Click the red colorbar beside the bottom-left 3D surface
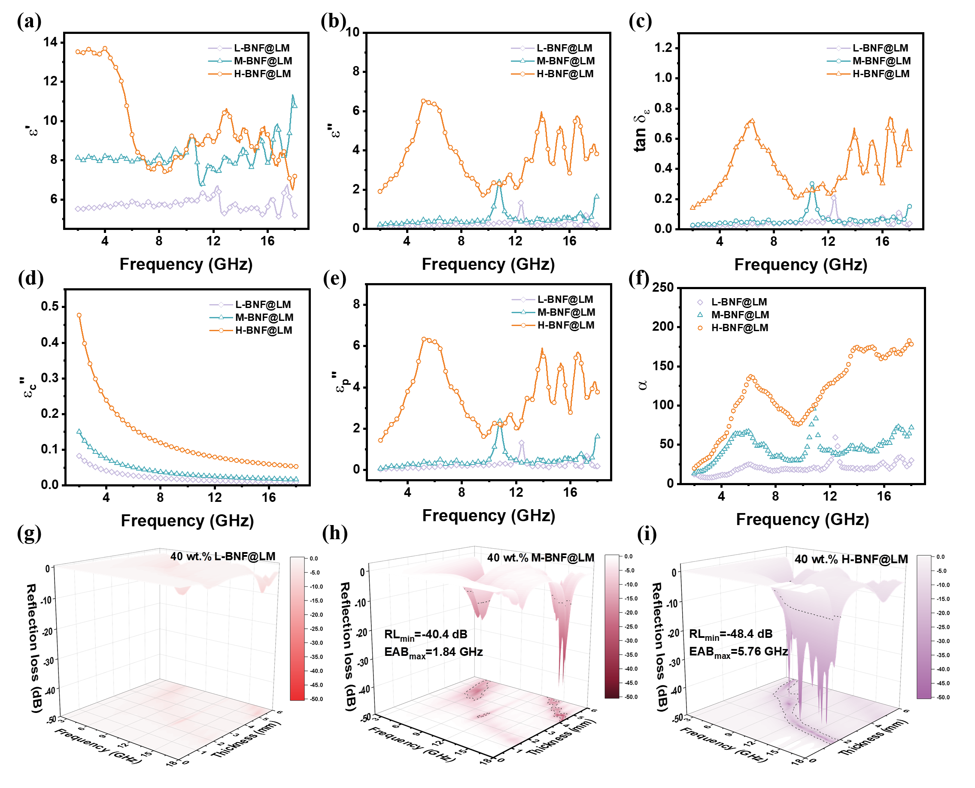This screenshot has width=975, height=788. pos(297,629)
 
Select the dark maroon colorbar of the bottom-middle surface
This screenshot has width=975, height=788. pos(611,626)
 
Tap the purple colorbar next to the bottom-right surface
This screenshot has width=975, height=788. pos(923,627)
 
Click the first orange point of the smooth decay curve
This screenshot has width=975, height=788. pos(79,315)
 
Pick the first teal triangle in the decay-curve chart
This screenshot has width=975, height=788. pos(79,431)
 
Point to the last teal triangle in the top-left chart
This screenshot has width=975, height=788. pos(295,105)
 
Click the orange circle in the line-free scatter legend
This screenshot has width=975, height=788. pos(700,328)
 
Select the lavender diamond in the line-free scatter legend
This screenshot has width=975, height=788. pos(700,302)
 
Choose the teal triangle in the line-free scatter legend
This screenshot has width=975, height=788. pos(700,314)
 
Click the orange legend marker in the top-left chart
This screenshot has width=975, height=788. pos(220,74)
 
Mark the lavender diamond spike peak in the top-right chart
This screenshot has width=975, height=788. pos(833,198)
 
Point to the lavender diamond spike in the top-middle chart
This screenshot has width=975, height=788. pos(521,202)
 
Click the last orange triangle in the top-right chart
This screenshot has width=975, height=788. pos(910,148)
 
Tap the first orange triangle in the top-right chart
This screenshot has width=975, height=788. pos(693,208)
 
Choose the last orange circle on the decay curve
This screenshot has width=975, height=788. pos(297,467)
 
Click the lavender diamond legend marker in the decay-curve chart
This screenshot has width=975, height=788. pos(221,305)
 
